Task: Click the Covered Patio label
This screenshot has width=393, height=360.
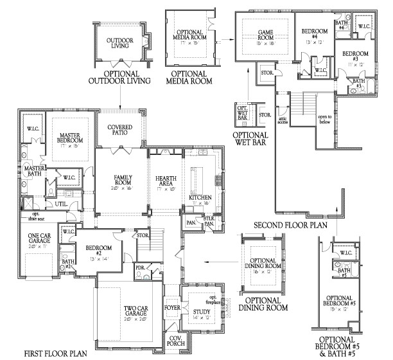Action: coord(119,130)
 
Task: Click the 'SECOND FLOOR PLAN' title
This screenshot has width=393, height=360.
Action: coord(290,225)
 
